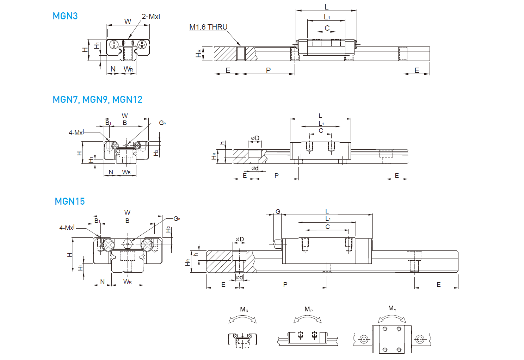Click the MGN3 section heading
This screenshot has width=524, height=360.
65,16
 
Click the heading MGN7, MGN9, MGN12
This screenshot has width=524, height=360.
97,100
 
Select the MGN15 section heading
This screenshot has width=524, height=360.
70,201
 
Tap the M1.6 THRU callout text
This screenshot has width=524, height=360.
208,27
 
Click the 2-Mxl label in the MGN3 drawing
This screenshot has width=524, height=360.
151,17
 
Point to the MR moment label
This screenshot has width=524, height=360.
244,310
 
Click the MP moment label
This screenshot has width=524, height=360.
308,309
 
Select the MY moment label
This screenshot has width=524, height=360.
392,309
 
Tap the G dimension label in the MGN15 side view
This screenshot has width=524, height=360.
278,212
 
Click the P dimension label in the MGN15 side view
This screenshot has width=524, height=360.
285,284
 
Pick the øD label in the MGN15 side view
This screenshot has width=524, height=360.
240,240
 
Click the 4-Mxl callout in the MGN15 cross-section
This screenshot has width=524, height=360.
67,228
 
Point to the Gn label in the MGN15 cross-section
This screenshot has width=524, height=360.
177,219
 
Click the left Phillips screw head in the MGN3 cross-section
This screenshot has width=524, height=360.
114,44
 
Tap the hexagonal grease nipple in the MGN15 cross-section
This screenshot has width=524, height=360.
128,244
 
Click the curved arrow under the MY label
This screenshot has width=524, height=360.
392,318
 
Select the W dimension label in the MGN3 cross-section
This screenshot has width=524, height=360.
128,21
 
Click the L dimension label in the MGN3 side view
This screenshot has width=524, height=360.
326,7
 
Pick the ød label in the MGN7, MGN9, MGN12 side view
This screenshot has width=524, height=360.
255,168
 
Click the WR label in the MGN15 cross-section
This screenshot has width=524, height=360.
128,282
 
